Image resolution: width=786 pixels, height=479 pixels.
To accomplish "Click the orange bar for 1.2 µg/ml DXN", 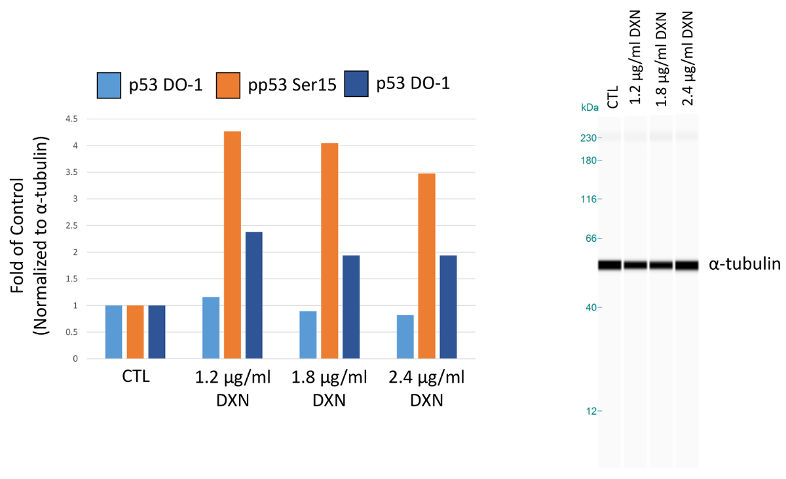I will pyautogui.click(x=232, y=245).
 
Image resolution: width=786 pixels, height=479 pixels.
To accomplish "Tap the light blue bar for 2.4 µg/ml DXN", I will pyautogui.click(x=405, y=337).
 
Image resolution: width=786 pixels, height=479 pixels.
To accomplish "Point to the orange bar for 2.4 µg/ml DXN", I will pyautogui.click(x=426, y=266).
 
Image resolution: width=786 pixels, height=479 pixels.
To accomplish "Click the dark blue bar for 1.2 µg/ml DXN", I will pyautogui.click(x=253, y=295).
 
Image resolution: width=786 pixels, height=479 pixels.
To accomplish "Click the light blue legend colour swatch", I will pyautogui.click(x=108, y=85).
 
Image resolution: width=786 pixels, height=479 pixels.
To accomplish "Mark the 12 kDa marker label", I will pyautogui.click(x=593, y=412).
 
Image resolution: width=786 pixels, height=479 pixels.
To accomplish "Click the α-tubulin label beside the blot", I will pyautogui.click(x=744, y=265).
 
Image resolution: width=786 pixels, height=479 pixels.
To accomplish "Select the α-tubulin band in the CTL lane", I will pyautogui.click(x=609, y=265).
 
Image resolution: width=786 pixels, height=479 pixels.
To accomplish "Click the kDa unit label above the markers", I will pyautogui.click(x=589, y=107).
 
